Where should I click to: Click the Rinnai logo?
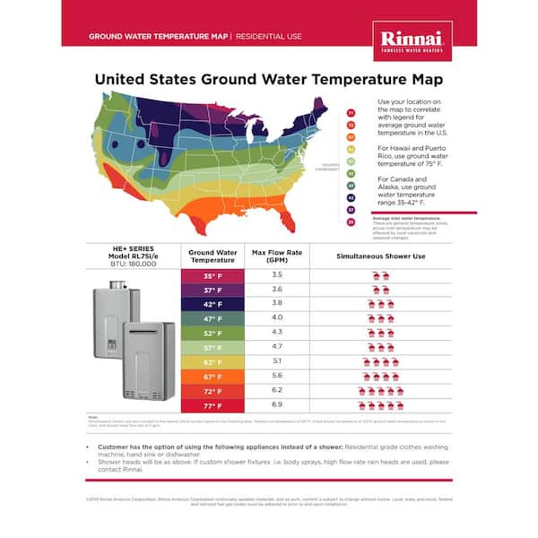tap(412, 39)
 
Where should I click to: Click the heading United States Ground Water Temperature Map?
tap(269, 79)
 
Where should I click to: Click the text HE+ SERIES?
tap(132, 250)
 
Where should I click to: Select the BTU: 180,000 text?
tap(132, 266)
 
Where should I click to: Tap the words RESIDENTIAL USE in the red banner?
tap(267, 37)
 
